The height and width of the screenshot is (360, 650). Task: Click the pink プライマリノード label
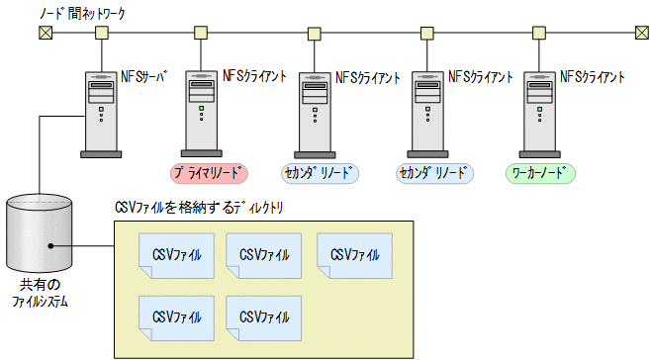coord(210,173)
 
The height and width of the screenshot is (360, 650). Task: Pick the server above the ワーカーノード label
coord(539,113)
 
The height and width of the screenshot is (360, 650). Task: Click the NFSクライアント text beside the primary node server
coord(255,75)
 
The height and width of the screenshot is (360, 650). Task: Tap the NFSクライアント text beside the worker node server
coord(593,75)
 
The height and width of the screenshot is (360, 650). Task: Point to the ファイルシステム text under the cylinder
coord(40,301)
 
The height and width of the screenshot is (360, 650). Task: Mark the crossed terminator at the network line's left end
coord(45,33)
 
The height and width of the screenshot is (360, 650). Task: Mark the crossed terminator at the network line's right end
coord(640,33)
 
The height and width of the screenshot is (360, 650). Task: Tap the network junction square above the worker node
coord(539,33)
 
